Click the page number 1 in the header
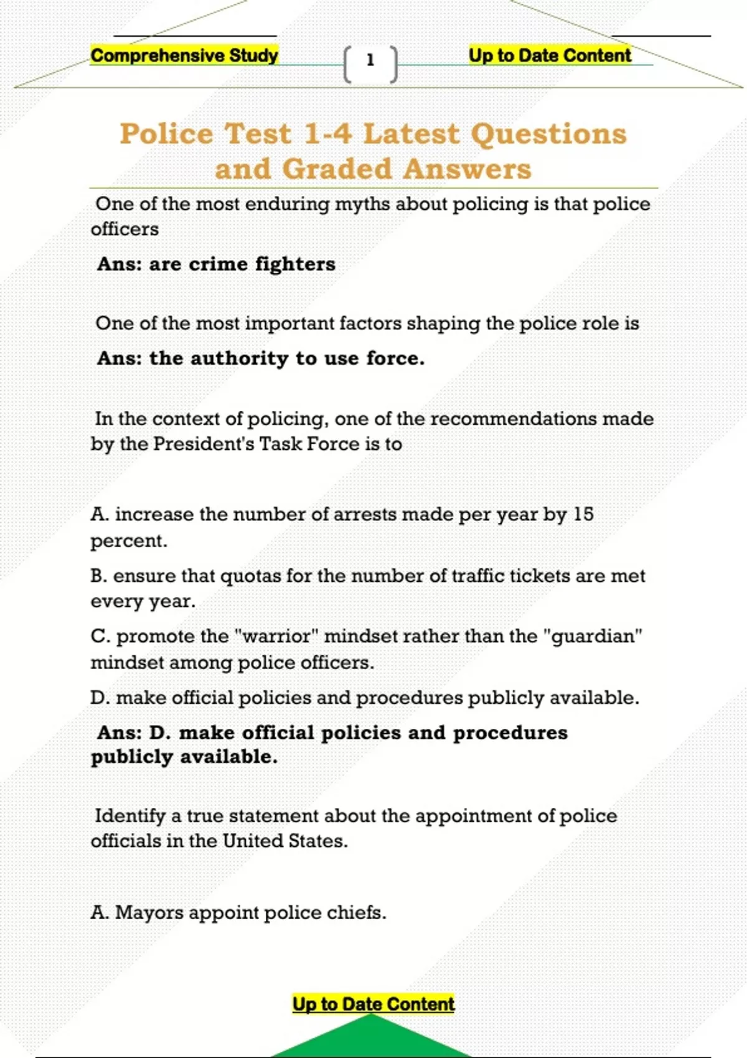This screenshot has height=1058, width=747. pos(370,60)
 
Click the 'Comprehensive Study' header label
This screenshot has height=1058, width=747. pos(184,55)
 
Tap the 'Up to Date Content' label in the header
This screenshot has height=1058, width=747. pos(550,55)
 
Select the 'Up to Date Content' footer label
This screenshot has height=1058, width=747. pos(374,1004)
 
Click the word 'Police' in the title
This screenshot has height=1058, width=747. pos(166,134)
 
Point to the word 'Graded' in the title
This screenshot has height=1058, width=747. pos(337,169)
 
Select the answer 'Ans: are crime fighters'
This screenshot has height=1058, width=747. pos(216,264)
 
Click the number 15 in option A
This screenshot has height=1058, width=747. pos(583,514)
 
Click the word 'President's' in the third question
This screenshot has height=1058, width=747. pos(204,444)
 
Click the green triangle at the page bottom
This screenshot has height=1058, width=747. pos(372,1039)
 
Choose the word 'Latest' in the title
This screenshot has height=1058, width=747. pos(411,134)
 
